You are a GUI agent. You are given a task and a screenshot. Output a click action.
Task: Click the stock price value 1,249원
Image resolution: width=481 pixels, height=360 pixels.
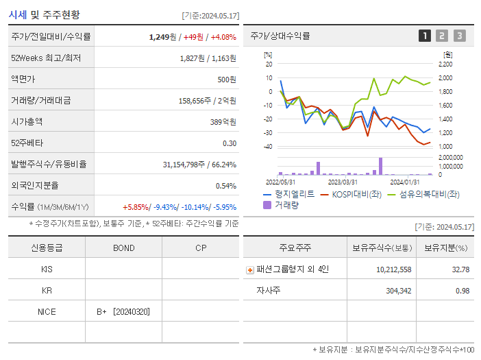[x=163, y=37]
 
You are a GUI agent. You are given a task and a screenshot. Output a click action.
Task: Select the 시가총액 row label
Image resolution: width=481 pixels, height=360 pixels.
[x=27, y=121]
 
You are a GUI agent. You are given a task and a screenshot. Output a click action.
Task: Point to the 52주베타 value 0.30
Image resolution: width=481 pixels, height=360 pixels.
[x=230, y=143]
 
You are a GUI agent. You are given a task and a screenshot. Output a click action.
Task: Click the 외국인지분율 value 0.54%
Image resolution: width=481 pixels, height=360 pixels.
[x=226, y=186]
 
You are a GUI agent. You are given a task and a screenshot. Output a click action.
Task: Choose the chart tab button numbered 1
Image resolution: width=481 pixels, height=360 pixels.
[x=425, y=36]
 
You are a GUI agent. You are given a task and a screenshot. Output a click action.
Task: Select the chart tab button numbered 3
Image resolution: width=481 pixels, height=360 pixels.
[x=459, y=36]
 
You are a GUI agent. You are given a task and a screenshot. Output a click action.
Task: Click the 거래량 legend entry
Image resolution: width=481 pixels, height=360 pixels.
[x=286, y=204]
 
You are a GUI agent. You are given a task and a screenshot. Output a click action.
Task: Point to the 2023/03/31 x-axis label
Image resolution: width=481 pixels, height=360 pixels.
[x=343, y=182]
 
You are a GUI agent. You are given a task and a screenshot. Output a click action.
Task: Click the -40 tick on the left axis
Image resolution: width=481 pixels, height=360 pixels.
[x=268, y=147]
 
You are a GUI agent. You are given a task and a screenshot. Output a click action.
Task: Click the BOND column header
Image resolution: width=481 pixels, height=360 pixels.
[x=123, y=248]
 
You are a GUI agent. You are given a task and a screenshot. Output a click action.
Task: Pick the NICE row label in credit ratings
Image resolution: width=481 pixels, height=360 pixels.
[x=47, y=311]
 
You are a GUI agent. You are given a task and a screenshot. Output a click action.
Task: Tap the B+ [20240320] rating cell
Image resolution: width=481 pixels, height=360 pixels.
[x=123, y=311]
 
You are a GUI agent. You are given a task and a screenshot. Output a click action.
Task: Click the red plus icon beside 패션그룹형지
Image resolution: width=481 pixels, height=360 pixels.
[x=250, y=269]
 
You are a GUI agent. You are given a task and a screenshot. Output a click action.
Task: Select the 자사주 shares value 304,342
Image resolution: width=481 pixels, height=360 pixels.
[x=394, y=291]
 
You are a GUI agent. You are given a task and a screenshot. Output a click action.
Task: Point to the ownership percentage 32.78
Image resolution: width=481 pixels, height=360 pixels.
[x=460, y=269]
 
